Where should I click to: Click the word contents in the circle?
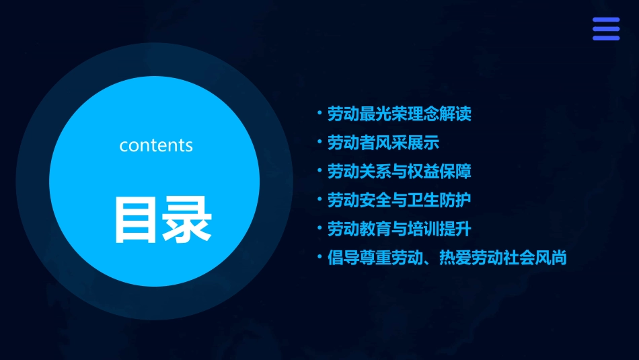tap(156, 145)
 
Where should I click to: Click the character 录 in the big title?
tap(188, 219)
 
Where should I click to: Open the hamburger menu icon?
tap(606, 29)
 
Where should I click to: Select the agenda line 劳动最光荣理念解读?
tap(400, 114)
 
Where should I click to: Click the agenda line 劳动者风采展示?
tap(383, 143)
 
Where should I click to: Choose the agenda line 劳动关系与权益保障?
tap(400, 172)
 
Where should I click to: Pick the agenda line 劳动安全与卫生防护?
tap(400, 200)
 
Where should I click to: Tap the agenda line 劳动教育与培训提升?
tap(400, 229)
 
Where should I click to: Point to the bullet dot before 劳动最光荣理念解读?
tap(319, 112)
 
